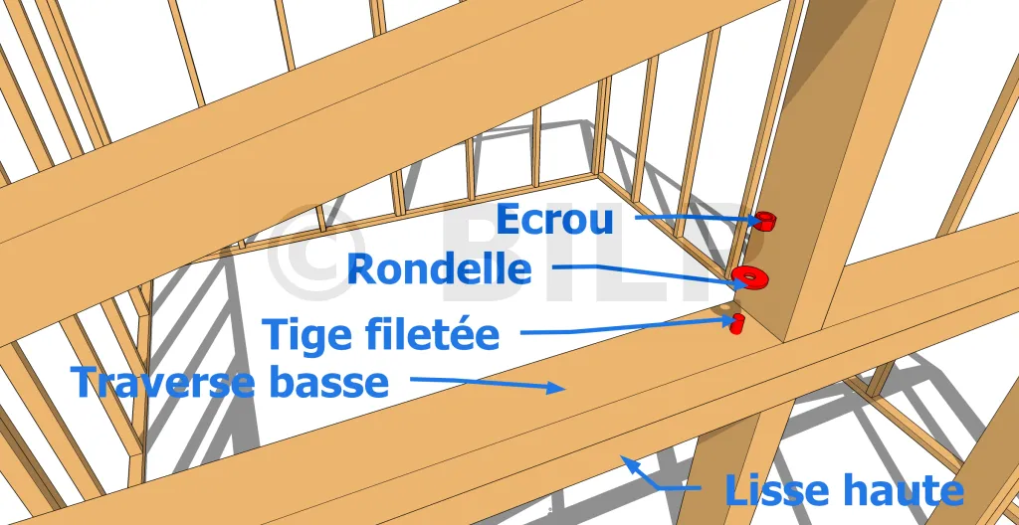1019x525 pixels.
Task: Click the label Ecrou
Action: point(553,219)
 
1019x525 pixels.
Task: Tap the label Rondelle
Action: point(439,268)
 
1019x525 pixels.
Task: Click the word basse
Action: point(328,381)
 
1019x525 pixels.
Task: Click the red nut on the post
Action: point(766,220)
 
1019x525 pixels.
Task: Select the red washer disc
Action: point(748,276)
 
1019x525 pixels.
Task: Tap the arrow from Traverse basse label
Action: point(488,384)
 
